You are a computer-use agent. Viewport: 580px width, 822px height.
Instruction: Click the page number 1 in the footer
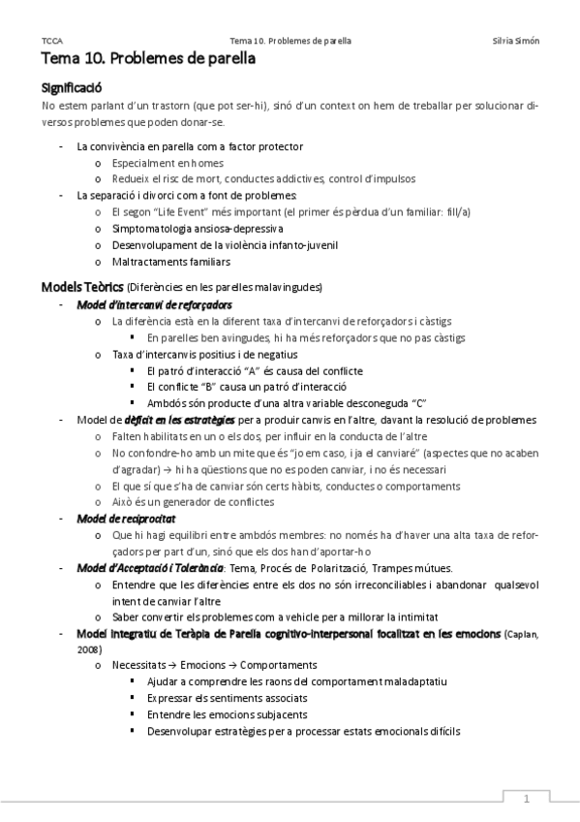[x=527, y=799]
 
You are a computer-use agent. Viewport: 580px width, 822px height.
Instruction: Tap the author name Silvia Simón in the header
[x=516, y=41]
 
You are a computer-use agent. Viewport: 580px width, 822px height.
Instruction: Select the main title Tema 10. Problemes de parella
[x=148, y=59]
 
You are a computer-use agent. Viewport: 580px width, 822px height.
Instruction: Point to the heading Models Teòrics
[x=82, y=287]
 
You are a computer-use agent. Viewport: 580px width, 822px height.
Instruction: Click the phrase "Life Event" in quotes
[x=178, y=210]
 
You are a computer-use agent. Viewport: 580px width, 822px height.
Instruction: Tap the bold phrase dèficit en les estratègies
[x=180, y=420]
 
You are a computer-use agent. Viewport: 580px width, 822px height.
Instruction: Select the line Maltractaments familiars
[x=170, y=261]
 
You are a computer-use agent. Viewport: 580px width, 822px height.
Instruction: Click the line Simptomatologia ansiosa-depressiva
[x=197, y=228]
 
